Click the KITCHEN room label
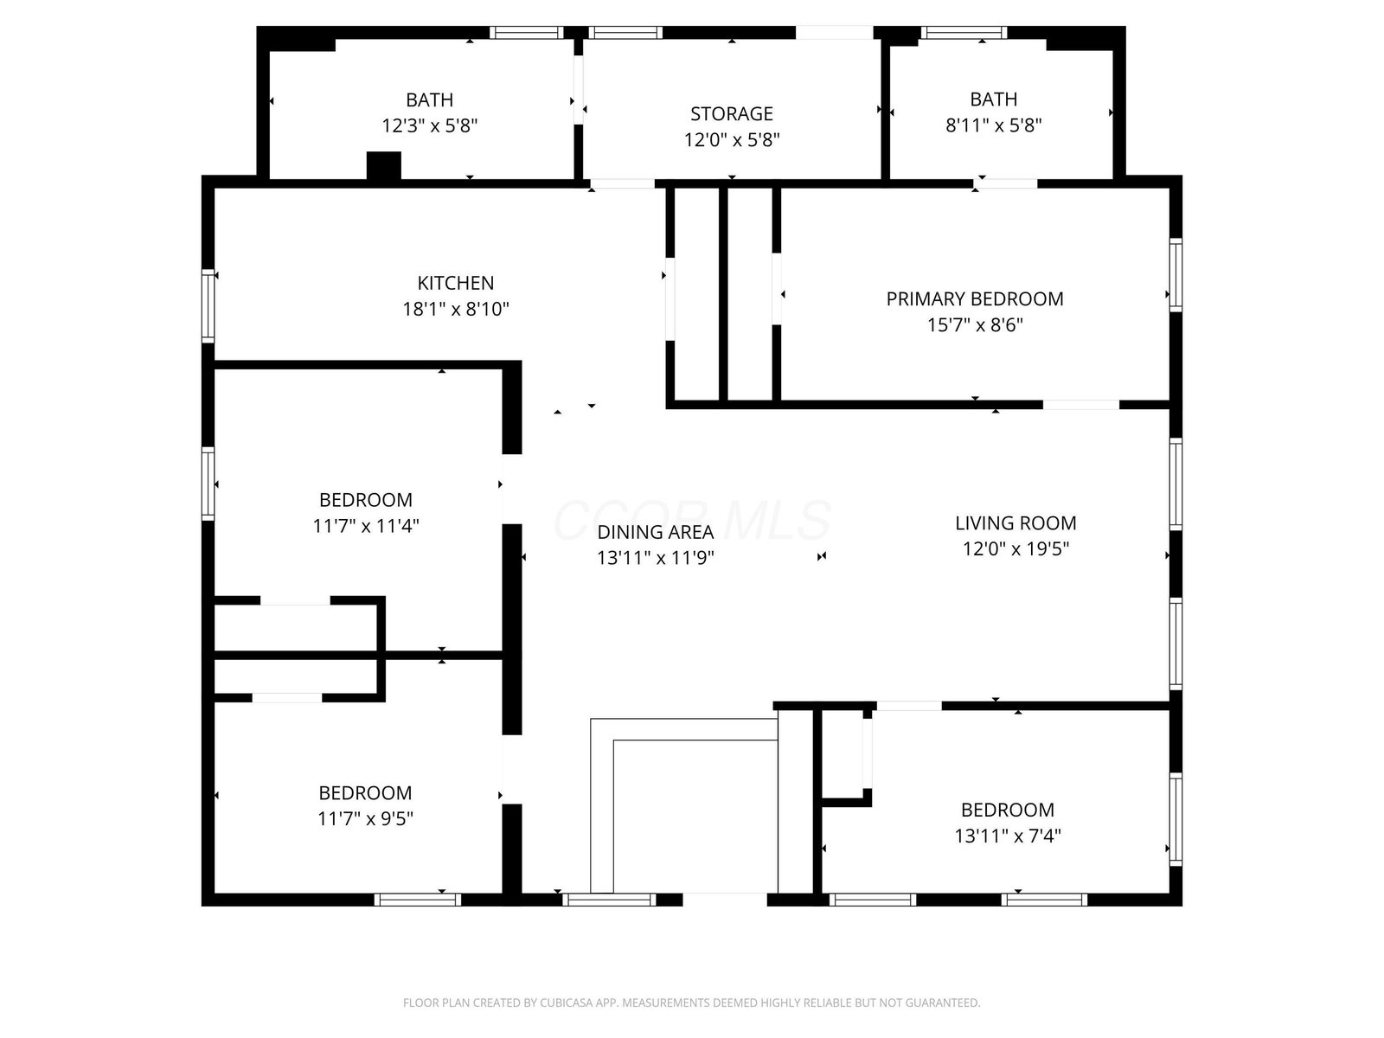pyautogui.click(x=455, y=283)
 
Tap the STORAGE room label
pyautogui.click(x=732, y=113)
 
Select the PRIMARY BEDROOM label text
pyautogui.click(x=974, y=298)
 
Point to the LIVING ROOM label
pyautogui.click(x=1016, y=523)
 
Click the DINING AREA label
pyautogui.click(x=655, y=532)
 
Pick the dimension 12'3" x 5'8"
pyautogui.click(x=429, y=126)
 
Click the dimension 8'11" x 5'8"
pyautogui.click(x=993, y=125)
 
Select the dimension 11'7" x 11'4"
pyautogui.click(x=366, y=526)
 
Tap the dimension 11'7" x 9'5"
pyautogui.click(x=365, y=818)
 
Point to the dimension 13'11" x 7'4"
pyautogui.click(x=1007, y=836)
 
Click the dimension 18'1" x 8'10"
pyautogui.click(x=455, y=309)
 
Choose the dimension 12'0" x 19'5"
pyautogui.click(x=1016, y=549)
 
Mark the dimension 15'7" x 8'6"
pyautogui.click(x=974, y=324)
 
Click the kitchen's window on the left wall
pyautogui.click(x=208, y=306)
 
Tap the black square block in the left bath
pyautogui.click(x=384, y=166)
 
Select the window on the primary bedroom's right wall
pyautogui.click(x=1176, y=275)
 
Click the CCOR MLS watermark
pyautogui.click(x=692, y=520)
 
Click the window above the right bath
pyautogui.click(x=964, y=33)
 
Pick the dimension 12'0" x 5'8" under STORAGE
pyautogui.click(x=732, y=139)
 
